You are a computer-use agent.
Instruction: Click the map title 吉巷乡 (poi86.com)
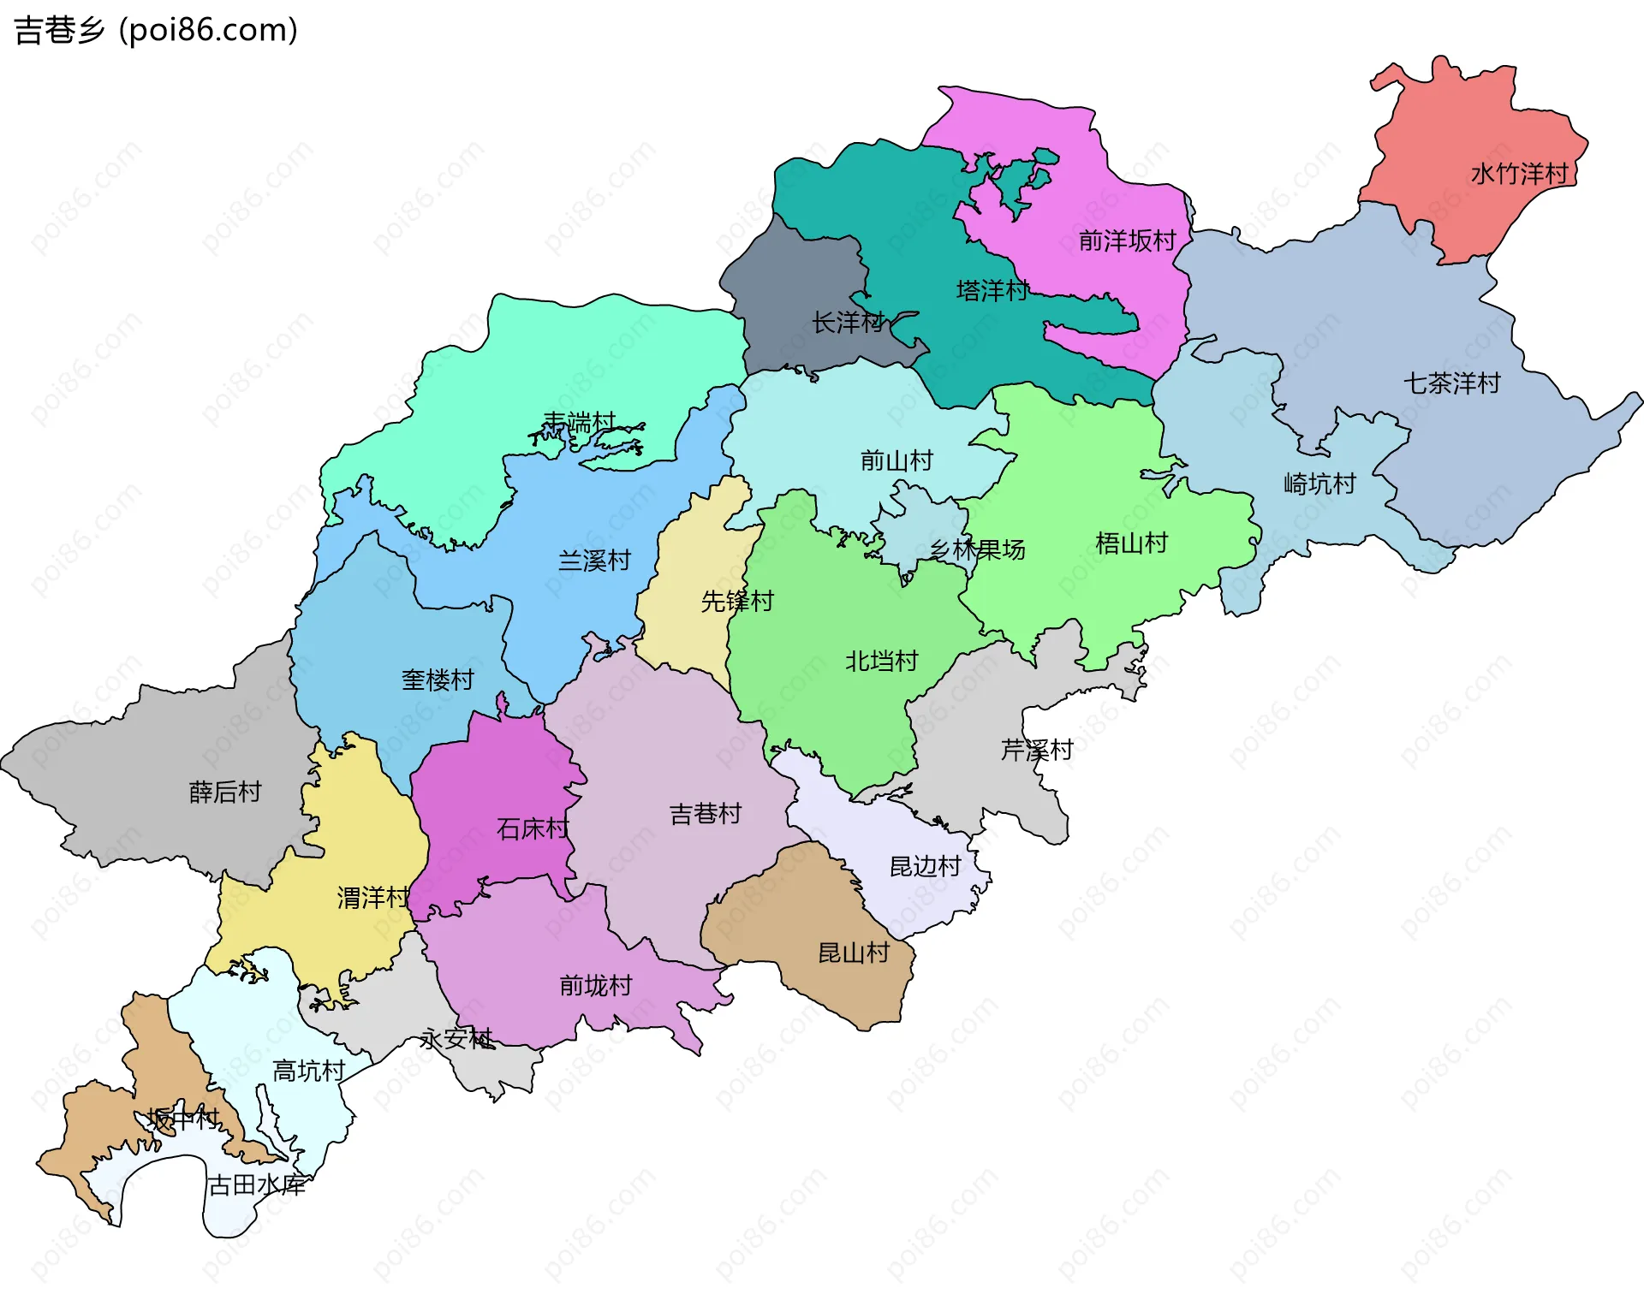coord(156,30)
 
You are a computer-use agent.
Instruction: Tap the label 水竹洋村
coord(1519,174)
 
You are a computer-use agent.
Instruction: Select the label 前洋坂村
coord(1127,240)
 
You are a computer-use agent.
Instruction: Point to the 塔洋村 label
coord(992,291)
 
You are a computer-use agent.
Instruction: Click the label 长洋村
coord(848,323)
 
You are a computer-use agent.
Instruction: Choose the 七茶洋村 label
coord(1451,383)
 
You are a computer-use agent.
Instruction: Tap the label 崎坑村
coord(1319,484)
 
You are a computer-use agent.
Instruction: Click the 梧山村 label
coord(1131,543)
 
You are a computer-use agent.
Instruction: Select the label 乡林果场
coord(977,549)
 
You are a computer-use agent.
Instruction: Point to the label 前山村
coord(896,461)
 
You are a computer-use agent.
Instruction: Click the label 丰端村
coord(580,422)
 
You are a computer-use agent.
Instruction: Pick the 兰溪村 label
coord(594,561)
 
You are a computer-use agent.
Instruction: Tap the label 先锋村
coord(737,602)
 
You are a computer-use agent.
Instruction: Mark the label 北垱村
coord(881,662)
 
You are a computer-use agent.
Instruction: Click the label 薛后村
coord(224,792)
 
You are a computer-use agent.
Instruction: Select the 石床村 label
coord(533,828)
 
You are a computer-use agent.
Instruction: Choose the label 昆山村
coord(854,953)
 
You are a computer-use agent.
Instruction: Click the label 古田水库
coord(257,1185)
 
